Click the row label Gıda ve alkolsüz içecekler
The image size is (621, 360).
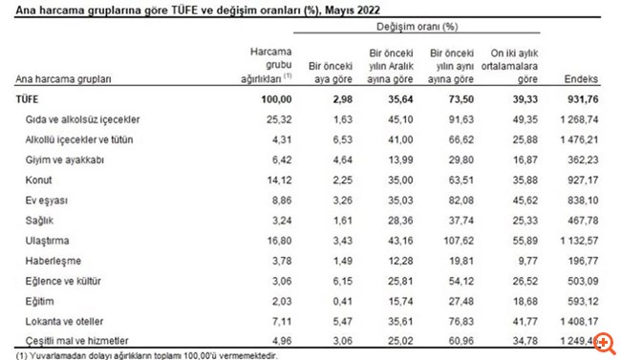tap(84, 118)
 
